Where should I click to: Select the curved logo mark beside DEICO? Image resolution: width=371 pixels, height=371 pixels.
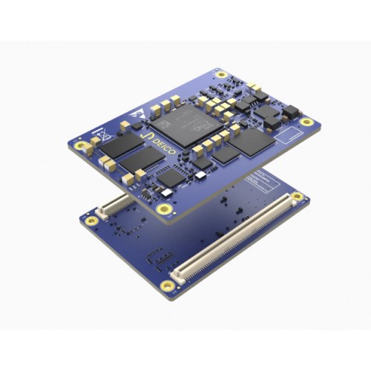[x=145, y=139]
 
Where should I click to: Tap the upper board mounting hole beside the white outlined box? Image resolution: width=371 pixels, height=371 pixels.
[x=306, y=122]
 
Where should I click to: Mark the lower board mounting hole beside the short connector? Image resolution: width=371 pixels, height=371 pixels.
[x=92, y=220]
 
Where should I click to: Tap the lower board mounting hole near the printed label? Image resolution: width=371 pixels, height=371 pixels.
[x=297, y=197]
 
